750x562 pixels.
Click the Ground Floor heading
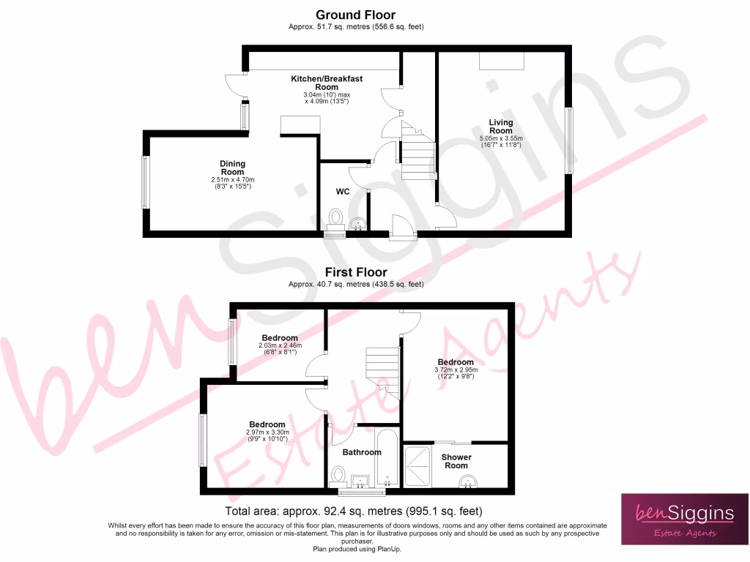355,15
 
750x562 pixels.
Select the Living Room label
501,127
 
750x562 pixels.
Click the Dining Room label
232,168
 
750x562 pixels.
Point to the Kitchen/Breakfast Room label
327,83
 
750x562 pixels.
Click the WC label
342,192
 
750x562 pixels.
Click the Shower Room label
456,462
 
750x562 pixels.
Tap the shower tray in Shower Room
419,466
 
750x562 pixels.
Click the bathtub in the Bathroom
387,460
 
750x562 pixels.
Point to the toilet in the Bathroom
338,476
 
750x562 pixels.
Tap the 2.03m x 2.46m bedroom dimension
280,345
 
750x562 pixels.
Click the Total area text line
352,511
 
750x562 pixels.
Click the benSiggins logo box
684,519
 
